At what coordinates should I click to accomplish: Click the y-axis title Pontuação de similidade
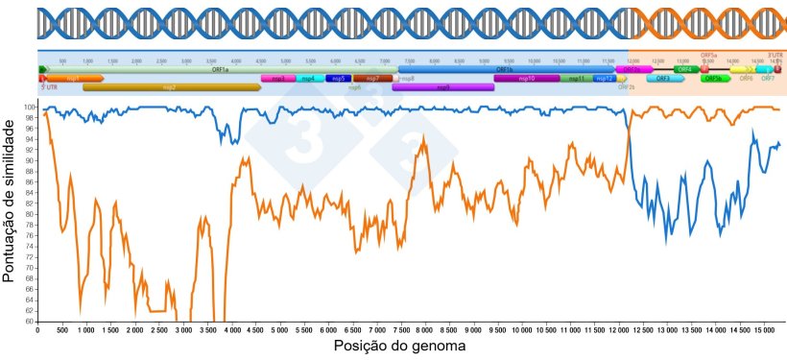11,214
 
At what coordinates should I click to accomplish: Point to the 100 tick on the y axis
28,107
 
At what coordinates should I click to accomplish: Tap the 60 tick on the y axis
30,322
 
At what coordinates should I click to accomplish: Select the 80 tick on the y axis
30,214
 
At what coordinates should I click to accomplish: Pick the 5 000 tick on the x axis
278,329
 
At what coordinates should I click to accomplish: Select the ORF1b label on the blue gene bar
504,70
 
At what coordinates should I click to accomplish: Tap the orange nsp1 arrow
73,79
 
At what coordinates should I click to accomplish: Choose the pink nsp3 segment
278,79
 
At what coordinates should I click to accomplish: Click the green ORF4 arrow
685,70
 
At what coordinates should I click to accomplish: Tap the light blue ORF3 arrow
662,79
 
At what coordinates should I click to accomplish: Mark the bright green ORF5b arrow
712,79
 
